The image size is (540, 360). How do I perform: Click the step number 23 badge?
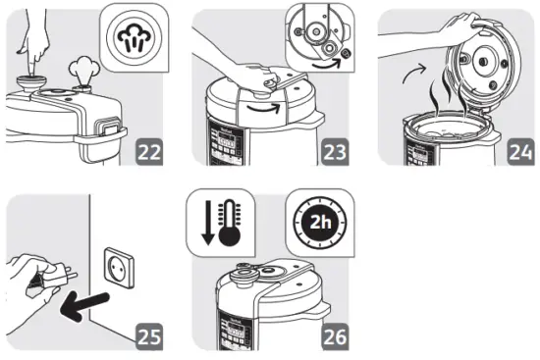coord(334,153)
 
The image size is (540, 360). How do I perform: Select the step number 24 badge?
coord(519,153)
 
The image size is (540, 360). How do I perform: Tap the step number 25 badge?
coord(150,336)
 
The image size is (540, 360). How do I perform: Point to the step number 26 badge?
coord(335,336)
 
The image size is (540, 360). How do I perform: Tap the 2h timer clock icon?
coord(318,221)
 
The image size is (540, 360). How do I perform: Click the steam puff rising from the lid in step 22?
coord(81,72)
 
